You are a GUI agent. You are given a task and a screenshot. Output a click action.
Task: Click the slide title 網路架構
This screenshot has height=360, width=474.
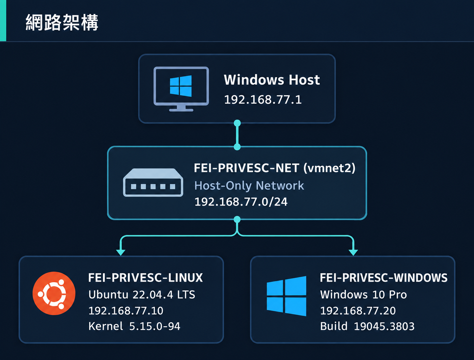point(62,22)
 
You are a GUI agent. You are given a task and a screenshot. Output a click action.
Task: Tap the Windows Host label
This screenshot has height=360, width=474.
point(272,80)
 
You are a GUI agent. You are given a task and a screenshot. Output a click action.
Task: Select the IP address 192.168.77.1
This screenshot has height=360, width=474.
point(263,100)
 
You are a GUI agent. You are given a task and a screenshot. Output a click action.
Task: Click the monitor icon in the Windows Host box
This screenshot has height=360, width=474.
point(181,89)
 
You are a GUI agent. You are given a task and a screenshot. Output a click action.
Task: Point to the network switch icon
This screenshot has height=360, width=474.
point(153,182)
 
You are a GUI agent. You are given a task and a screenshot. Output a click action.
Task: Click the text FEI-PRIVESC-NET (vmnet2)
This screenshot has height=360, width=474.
point(275,168)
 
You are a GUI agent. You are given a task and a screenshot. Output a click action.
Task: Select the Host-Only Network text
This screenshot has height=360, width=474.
point(249,186)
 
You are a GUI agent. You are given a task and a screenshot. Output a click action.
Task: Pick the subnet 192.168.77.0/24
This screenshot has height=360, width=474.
point(241,202)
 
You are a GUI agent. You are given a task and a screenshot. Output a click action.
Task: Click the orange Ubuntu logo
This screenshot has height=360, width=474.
point(54,293)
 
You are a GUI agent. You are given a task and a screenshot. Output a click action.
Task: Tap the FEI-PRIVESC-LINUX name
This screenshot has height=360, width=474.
point(146,278)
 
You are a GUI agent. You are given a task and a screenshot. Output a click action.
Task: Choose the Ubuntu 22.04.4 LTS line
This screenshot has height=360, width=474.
point(142,294)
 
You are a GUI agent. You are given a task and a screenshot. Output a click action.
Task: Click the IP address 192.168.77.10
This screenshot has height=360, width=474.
point(126,311)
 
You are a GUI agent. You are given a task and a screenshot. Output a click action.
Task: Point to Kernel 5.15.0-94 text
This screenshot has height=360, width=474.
point(134,326)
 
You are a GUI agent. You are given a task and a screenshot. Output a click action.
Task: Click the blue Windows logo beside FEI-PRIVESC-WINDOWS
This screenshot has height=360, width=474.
point(287,296)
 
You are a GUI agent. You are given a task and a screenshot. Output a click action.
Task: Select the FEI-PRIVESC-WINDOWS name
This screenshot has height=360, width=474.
point(384,278)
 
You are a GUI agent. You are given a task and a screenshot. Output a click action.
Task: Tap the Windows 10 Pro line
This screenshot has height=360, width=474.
point(363,294)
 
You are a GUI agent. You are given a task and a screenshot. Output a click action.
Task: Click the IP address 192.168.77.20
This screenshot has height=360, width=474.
point(358,311)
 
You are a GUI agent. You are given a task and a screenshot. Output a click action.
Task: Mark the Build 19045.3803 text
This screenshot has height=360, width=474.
point(367,326)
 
